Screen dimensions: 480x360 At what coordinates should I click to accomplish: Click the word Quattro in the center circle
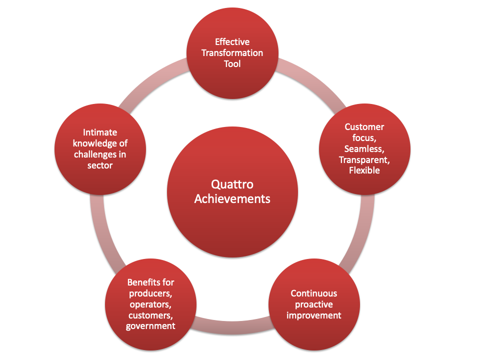[x=232, y=184]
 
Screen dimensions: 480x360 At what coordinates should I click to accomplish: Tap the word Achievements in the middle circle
[x=232, y=199]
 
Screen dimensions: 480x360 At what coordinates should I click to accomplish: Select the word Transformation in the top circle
[x=232, y=53]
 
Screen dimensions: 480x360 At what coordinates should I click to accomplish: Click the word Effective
[x=232, y=41]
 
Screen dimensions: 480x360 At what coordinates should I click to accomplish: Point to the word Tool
[x=232, y=64]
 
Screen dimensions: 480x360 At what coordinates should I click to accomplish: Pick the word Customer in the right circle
[x=364, y=126]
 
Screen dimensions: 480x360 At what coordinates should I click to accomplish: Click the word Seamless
[x=363, y=149]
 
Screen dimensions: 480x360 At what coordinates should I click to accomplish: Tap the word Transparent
[x=363, y=160]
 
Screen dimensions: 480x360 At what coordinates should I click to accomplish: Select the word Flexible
[x=364, y=170]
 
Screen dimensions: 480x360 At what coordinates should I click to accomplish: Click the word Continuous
[x=314, y=293]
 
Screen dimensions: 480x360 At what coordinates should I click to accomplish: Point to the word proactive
[x=314, y=304]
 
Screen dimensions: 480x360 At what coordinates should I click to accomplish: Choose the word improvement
[x=314, y=315]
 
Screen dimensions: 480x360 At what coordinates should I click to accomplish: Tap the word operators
[x=150, y=304]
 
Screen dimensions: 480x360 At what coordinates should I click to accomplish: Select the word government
[x=150, y=326]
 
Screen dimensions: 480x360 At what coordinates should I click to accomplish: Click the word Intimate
[x=100, y=132]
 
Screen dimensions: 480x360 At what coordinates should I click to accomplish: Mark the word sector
[x=100, y=165]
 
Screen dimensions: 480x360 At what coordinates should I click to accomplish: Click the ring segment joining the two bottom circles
[x=232, y=325]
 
